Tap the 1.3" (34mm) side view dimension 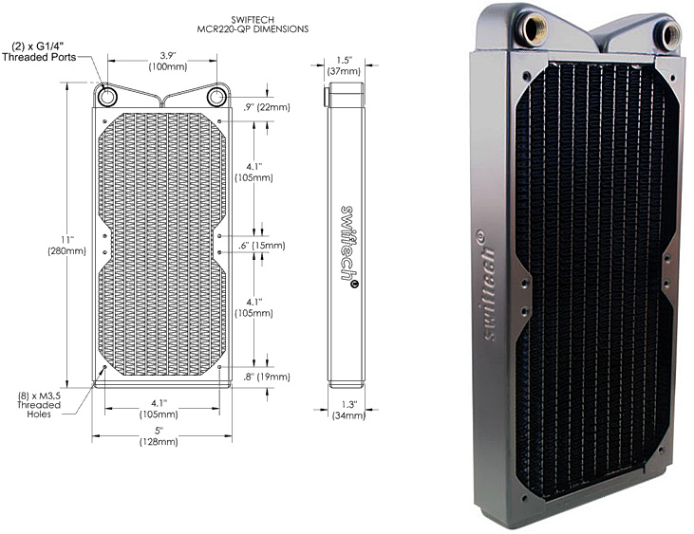346,410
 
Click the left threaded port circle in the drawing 107,97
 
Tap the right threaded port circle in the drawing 216,97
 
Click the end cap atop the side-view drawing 345,94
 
